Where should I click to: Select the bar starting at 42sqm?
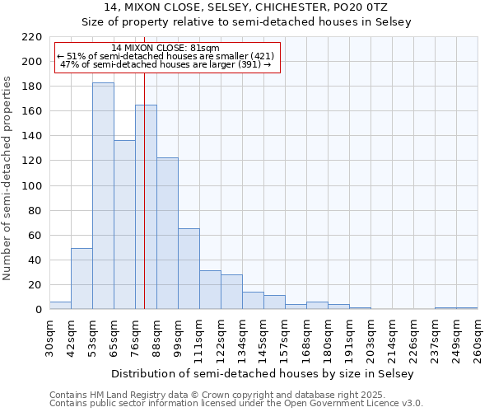click(x=82, y=279)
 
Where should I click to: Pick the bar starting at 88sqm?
click(x=167, y=233)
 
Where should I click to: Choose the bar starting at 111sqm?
click(x=210, y=290)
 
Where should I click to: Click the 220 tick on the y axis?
click(x=33, y=37)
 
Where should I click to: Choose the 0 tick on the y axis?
click(x=38, y=310)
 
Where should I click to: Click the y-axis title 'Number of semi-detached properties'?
click(x=8, y=178)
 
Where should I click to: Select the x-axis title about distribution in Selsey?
click(x=263, y=374)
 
